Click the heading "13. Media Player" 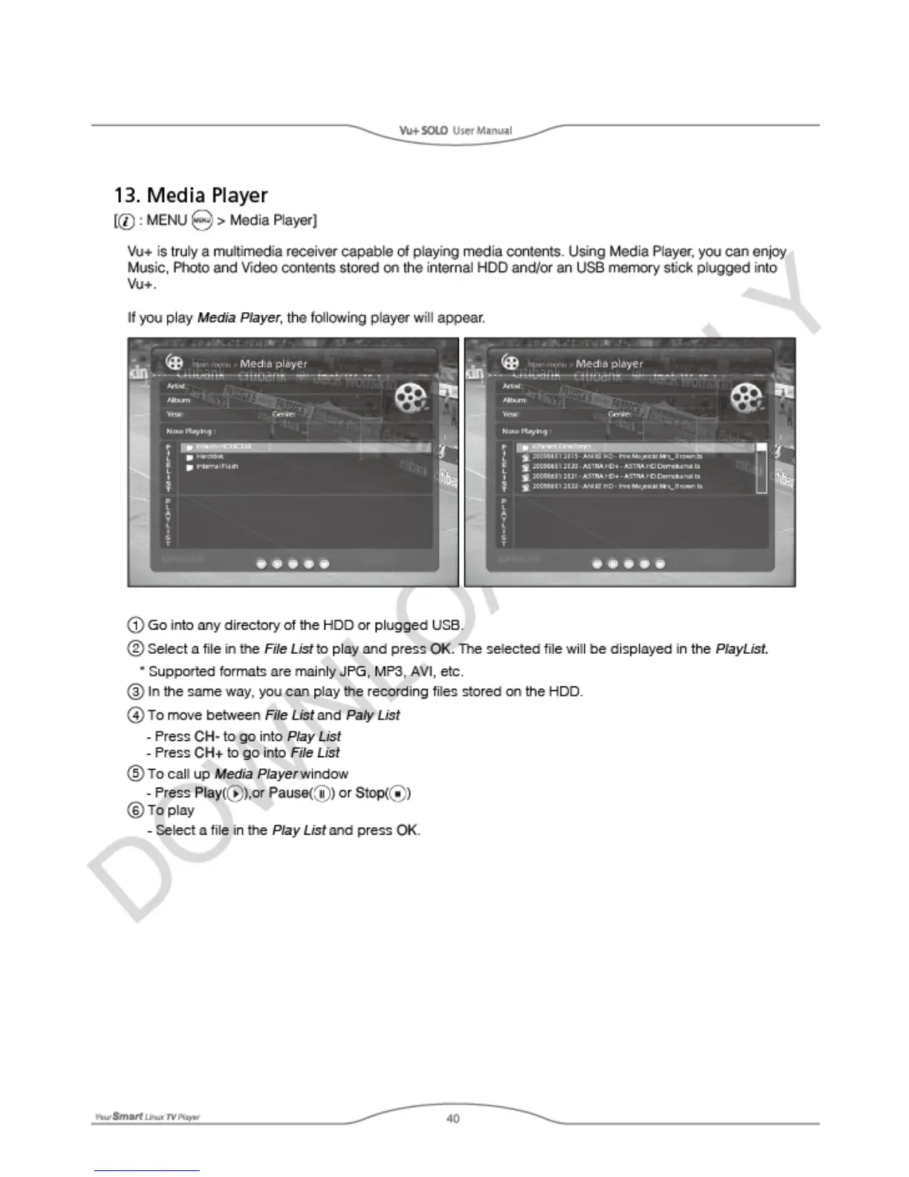tap(190, 195)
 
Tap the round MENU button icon tap(202, 220)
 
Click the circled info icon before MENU tap(126, 221)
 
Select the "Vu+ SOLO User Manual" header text tap(455, 131)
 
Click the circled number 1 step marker tap(136, 625)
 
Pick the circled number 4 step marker tap(136, 715)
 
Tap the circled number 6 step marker tap(136, 810)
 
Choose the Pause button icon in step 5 tap(322, 793)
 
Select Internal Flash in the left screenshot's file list tap(217, 467)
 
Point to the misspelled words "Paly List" tap(373, 715)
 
